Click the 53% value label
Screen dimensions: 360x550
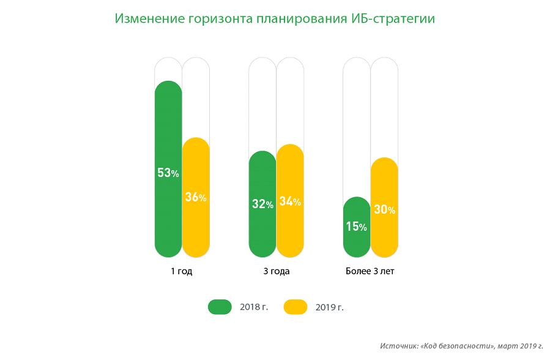[168, 173]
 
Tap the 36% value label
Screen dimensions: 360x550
[196, 198]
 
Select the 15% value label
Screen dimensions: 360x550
[357, 227]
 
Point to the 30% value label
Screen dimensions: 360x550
[384, 210]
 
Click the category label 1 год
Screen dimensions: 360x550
[182, 271]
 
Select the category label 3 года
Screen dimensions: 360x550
[276, 271]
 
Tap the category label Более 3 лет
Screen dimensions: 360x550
[370, 271]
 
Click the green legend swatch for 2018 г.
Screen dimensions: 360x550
[220, 307]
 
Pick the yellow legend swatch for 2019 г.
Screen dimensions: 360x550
[295, 307]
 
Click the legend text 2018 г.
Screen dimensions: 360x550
[255, 307]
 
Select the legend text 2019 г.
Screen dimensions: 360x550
[330, 307]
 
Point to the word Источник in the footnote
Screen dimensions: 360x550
[398, 346]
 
